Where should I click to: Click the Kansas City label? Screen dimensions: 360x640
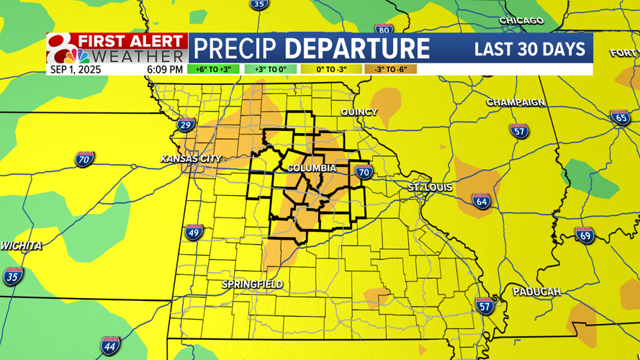191,158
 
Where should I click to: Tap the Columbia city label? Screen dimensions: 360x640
312,168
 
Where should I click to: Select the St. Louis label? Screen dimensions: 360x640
431,188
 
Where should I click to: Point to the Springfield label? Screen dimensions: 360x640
252,285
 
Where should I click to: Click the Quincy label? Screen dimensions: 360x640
359,112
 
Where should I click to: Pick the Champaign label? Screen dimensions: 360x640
515,103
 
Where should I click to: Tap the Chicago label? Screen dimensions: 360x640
521,21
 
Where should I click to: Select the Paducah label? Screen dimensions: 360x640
536,292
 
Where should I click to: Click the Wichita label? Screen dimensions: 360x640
21,246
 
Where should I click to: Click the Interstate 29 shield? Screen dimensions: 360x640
186,125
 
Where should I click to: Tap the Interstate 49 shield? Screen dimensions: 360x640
194,232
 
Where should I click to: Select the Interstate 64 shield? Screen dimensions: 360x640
481,201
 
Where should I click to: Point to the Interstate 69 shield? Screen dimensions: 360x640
585,235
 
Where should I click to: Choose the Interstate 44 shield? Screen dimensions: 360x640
110,345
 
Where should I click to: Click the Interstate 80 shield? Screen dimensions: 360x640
384,30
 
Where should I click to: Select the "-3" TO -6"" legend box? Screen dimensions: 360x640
390,70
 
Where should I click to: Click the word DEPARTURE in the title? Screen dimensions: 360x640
358,49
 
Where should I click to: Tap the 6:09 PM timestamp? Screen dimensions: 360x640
165,70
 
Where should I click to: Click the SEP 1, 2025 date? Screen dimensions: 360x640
75,70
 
